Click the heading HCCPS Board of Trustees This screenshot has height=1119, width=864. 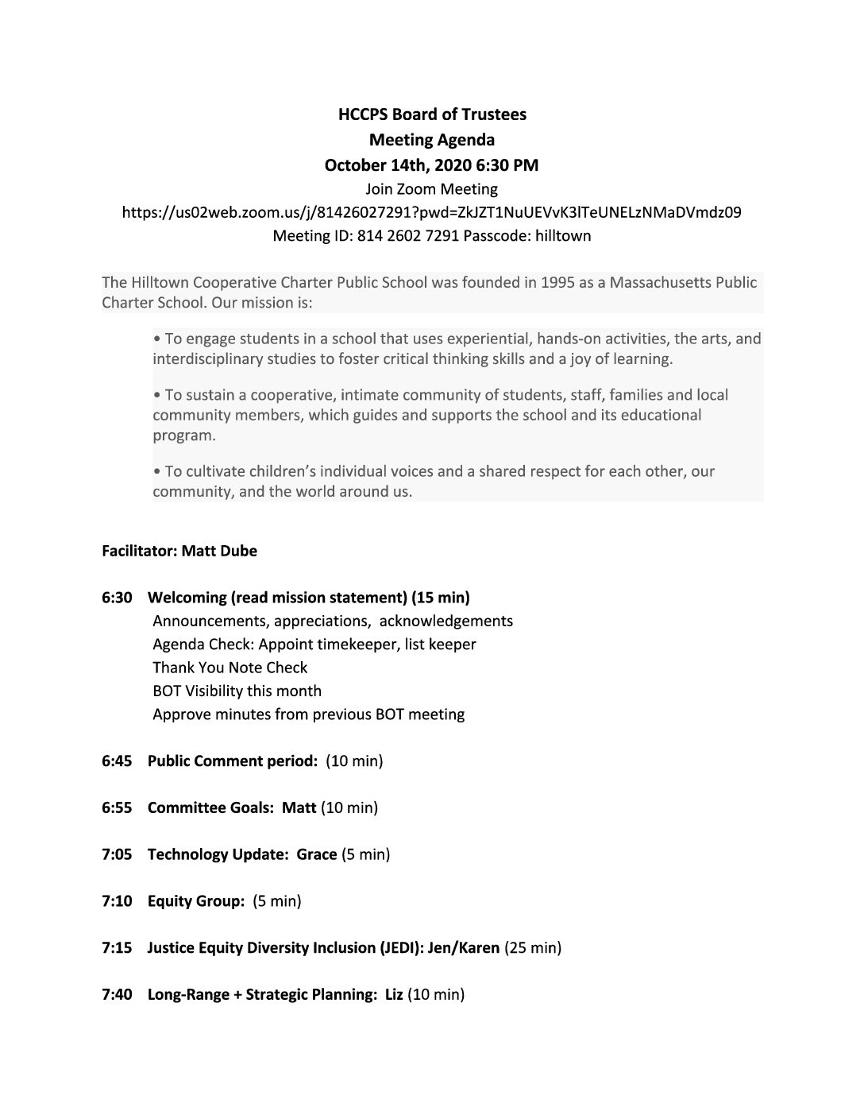click(x=432, y=114)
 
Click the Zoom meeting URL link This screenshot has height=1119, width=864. click(x=431, y=212)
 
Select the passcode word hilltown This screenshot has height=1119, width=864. click(x=562, y=236)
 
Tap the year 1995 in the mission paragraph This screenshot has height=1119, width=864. click(x=557, y=282)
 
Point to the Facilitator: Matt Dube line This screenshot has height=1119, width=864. click(x=179, y=551)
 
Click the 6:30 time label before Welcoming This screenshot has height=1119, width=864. click(x=117, y=598)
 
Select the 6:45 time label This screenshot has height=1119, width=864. click(x=117, y=761)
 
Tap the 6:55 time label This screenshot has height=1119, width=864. click(x=117, y=808)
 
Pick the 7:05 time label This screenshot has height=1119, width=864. click(x=117, y=855)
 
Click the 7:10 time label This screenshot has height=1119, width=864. click(x=117, y=901)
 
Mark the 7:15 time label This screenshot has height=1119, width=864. click(x=117, y=948)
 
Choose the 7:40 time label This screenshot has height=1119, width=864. click(x=117, y=995)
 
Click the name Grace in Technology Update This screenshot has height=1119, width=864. click(x=316, y=855)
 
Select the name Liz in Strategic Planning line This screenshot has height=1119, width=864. click(x=394, y=995)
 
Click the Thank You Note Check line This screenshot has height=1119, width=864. click(x=229, y=668)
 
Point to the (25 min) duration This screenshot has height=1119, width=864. click(x=533, y=948)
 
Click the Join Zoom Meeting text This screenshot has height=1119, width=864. click(x=431, y=189)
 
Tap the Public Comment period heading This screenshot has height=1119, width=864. click(x=233, y=761)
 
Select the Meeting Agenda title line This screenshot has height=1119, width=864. click(x=432, y=140)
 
